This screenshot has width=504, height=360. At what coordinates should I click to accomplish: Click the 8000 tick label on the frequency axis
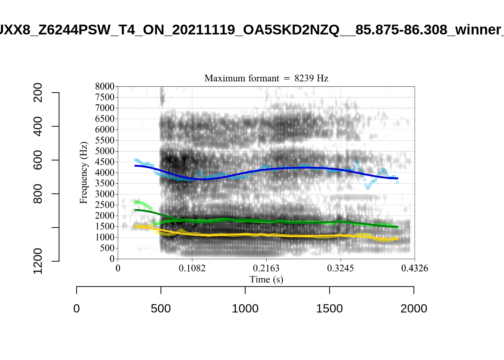(105, 87)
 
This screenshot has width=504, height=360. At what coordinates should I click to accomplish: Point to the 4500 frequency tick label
(105, 162)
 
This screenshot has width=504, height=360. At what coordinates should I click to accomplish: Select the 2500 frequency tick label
(105, 205)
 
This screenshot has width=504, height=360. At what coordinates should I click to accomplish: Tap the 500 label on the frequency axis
(107, 248)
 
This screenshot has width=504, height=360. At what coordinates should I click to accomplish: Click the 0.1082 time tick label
(192, 268)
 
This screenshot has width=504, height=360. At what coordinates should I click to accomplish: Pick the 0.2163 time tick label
(266, 268)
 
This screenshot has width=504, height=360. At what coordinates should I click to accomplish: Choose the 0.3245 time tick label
(340, 268)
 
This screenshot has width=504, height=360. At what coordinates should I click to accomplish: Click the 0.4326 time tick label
(415, 268)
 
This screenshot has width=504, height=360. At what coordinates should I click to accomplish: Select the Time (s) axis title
(266, 280)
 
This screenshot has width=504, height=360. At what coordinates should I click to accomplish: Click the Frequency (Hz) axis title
(83, 172)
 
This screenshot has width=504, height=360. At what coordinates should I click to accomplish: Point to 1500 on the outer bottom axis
(329, 309)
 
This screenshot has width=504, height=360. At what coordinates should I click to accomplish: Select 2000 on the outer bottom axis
(414, 309)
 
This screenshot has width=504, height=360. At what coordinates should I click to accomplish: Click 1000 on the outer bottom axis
(245, 309)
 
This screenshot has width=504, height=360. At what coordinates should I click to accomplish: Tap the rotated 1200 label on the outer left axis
(38, 261)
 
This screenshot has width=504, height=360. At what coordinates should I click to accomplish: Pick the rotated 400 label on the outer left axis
(38, 126)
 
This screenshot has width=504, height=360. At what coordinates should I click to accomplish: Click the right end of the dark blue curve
(397, 178)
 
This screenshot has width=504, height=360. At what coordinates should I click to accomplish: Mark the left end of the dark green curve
(135, 210)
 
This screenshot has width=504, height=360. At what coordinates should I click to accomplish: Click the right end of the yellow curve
(397, 238)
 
